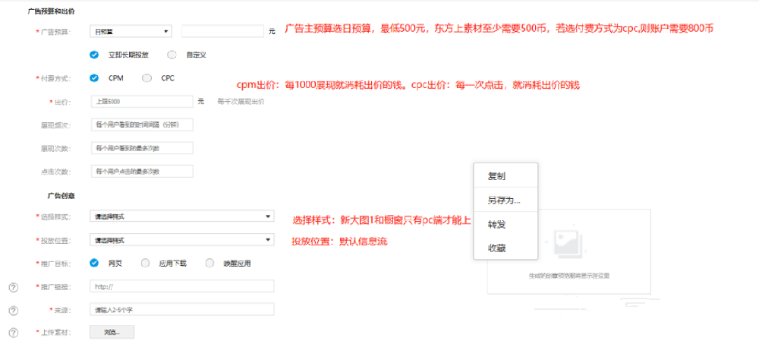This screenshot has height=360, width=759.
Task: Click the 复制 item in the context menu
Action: point(497,176)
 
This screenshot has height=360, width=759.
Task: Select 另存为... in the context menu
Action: point(503,201)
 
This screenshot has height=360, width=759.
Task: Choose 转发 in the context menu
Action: point(497,225)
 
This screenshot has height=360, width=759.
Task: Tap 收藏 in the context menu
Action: point(497,248)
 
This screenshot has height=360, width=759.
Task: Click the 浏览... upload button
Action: point(112,332)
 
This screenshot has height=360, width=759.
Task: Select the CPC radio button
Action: point(147,77)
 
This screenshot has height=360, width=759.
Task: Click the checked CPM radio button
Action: point(94,77)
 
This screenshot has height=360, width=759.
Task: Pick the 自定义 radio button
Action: point(172,54)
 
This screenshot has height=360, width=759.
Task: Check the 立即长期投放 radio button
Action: point(94,54)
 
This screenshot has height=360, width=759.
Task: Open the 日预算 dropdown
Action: point(131,31)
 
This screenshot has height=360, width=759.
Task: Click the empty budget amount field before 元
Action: point(223,31)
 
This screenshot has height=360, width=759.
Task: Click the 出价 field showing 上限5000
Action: point(142,101)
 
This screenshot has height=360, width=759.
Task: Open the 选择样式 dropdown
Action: point(181,217)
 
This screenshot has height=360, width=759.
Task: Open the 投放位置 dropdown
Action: point(181,240)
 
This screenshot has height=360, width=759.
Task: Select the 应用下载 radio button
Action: point(146,264)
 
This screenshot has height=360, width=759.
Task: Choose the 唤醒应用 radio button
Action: point(209,264)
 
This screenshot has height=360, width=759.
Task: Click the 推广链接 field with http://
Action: point(181,286)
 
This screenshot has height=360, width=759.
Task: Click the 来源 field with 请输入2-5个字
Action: point(181,309)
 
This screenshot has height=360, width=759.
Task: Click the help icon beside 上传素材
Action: point(13,333)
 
